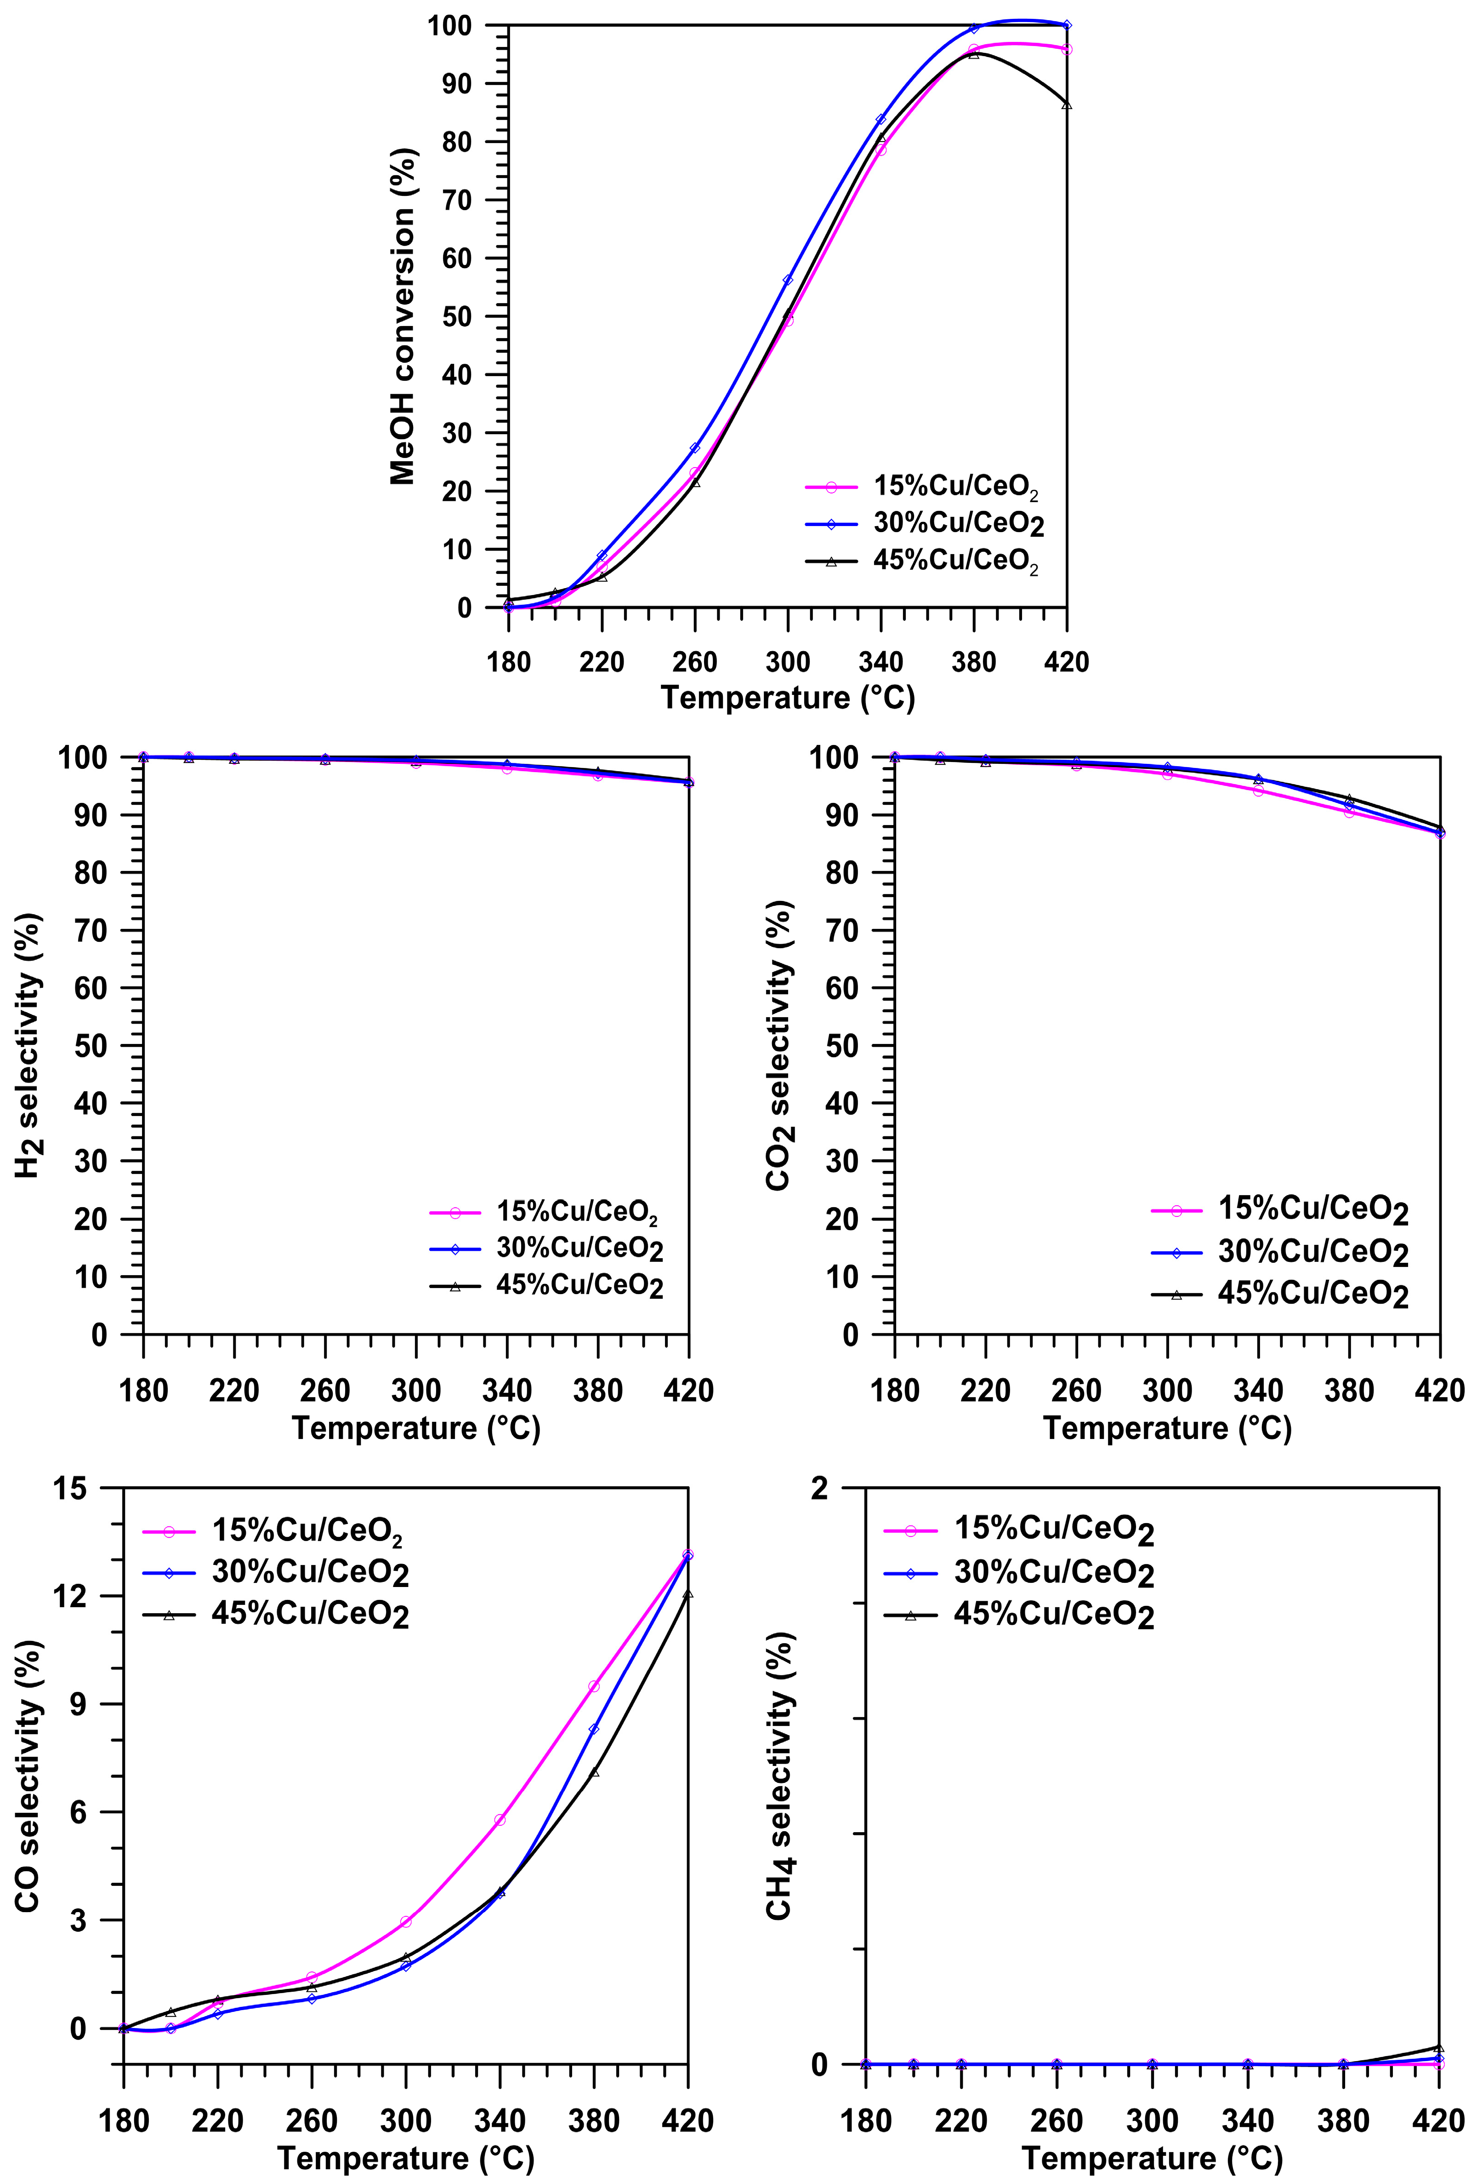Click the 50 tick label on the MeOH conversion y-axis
[x=457, y=316]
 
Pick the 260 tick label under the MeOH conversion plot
[x=695, y=662]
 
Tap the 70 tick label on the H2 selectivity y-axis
[x=91, y=930]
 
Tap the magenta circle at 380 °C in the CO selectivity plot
[x=593, y=1686]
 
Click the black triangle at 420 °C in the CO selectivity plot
[x=688, y=1594]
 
